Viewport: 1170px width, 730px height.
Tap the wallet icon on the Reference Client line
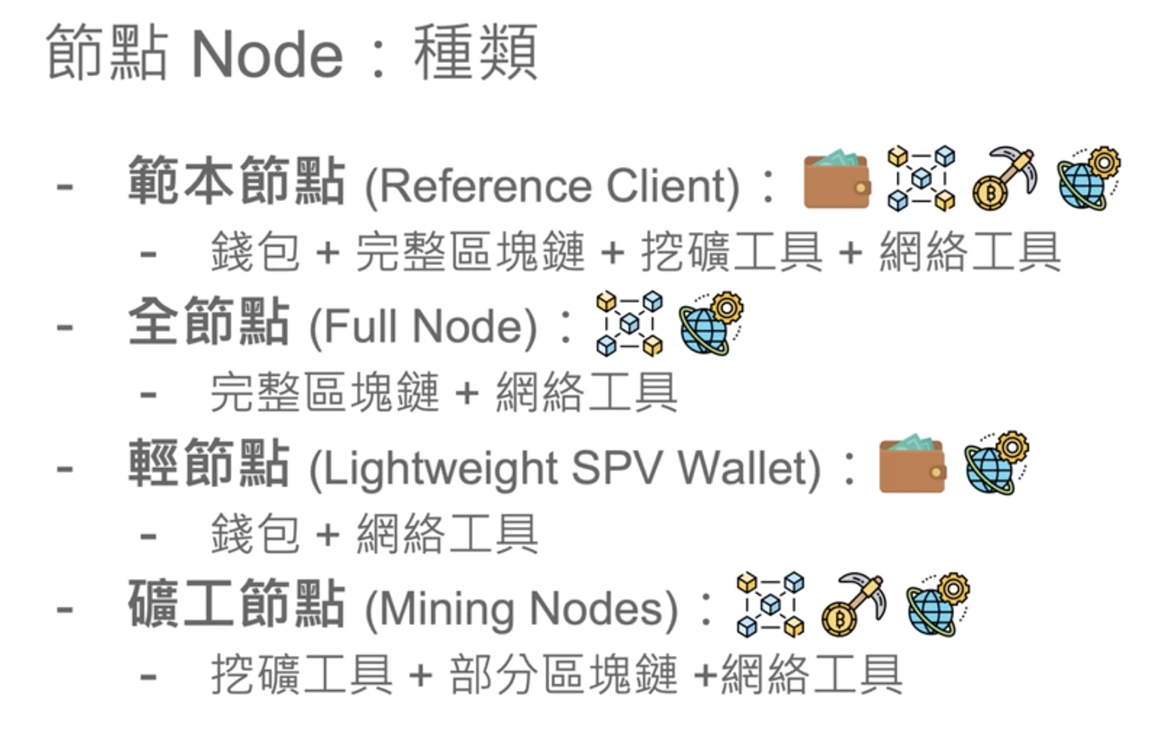(837, 180)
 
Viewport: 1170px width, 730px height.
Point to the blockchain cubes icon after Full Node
(629, 323)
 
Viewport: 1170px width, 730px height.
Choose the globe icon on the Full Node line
(711, 323)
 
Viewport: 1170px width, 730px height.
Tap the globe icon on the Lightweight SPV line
(996, 464)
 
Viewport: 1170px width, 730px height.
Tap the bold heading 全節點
(209, 324)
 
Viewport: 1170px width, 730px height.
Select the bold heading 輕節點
(209, 465)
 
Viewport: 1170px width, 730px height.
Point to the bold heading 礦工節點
(236, 606)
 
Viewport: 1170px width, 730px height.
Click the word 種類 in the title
(476, 53)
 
